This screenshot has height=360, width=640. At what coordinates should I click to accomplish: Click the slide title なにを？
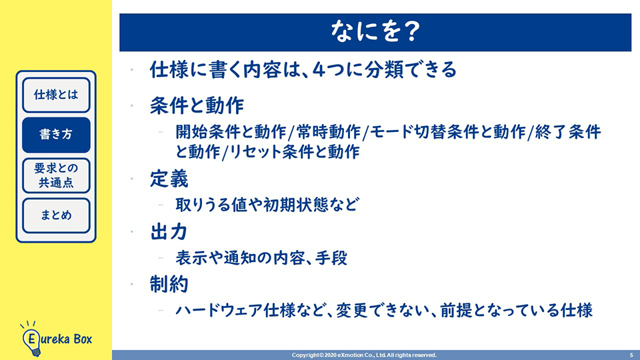point(375,32)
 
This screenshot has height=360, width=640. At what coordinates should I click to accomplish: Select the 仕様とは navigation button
point(56,95)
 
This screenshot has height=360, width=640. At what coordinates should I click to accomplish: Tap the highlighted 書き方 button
point(56,135)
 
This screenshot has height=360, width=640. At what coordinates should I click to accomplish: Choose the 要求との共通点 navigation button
point(56,175)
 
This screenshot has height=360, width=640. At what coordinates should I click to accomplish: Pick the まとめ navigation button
point(56,215)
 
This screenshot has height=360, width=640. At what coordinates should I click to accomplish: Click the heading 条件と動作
point(197,106)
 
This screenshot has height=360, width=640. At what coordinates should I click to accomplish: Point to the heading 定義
point(169,179)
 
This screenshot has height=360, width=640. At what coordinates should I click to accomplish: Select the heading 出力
point(169,232)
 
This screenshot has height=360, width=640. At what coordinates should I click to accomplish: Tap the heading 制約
point(169,284)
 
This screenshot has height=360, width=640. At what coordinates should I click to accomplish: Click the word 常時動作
point(329,132)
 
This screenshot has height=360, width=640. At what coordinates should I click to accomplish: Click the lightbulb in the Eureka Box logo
point(31,340)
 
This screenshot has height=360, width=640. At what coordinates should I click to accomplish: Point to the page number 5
point(631,355)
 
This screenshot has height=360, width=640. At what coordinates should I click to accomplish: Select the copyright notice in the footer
point(364,355)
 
